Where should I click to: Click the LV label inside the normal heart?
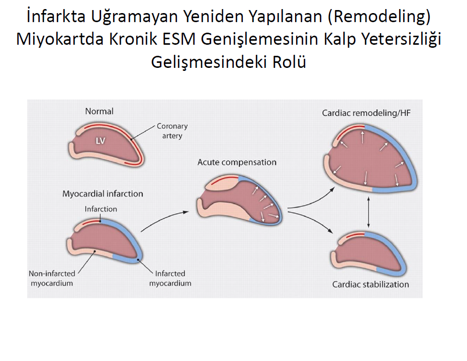(101, 141)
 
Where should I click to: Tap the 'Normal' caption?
(99, 112)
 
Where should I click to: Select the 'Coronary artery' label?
(172, 131)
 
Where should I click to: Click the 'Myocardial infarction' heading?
(103, 194)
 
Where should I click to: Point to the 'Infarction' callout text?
(101, 209)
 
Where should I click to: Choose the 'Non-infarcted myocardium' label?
(52, 278)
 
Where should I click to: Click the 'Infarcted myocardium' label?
(170, 278)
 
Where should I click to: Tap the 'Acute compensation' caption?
(237, 162)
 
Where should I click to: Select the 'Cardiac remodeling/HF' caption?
(366, 113)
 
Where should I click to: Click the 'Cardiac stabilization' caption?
(370, 285)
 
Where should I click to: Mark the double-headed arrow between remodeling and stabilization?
(368, 212)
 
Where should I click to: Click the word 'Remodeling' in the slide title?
(379, 17)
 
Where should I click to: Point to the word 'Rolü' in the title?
(289, 62)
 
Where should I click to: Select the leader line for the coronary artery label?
(143, 132)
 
